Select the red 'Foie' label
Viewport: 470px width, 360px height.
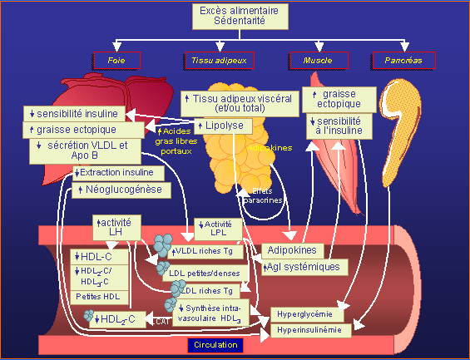click(116, 61)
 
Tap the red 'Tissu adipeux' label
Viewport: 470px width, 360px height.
click(219, 61)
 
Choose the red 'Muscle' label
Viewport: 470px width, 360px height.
click(312, 61)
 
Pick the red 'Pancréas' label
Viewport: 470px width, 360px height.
click(403, 61)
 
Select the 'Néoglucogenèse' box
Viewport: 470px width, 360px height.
click(123, 190)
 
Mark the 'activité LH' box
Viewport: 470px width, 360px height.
click(117, 227)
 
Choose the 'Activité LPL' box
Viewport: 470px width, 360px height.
click(218, 229)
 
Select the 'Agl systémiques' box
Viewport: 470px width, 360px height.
click(301, 267)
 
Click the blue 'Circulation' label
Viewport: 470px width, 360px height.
click(215, 345)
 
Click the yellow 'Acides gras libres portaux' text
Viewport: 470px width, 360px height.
click(176, 141)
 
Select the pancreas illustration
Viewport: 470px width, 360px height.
click(398, 125)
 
